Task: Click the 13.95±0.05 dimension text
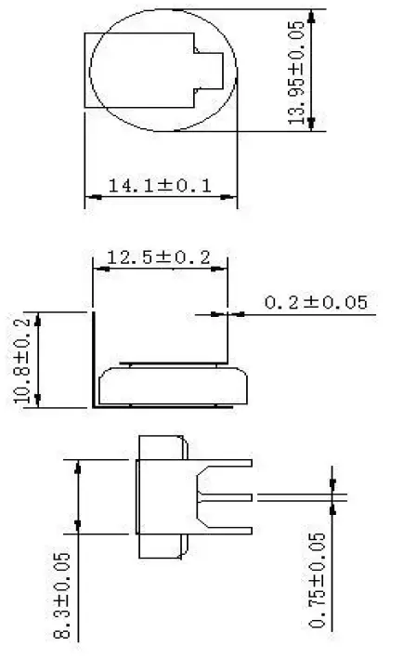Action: tap(299, 70)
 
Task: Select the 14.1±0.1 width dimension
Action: tap(160, 186)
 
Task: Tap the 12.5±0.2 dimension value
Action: tap(159, 257)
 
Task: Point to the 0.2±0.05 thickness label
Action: tap(316, 302)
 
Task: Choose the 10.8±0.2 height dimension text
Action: tap(22, 358)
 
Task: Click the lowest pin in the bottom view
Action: tap(228, 531)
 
